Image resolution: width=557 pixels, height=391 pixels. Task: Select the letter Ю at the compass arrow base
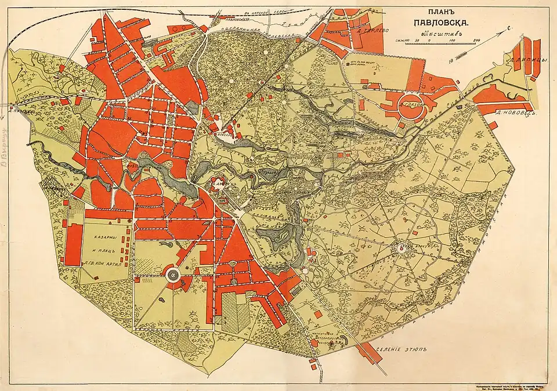(450, 59)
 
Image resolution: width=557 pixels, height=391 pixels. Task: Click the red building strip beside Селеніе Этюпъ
(368, 353)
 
